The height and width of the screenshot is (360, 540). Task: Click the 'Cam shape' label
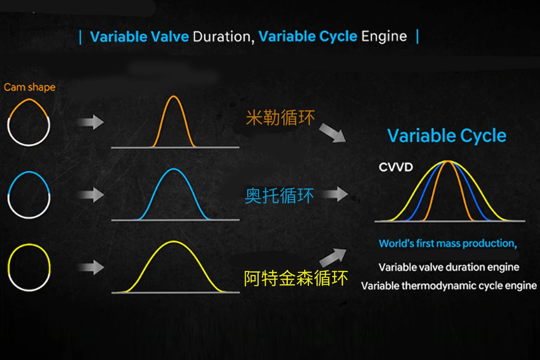pyautogui.click(x=29, y=87)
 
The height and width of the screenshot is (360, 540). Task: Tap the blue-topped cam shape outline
pyautogui.click(x=29, y=172)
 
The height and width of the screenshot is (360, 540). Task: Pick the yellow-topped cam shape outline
pyautogui.click(x=29, y=244)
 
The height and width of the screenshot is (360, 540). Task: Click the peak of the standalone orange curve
pyautogui.click(x=173, y=96)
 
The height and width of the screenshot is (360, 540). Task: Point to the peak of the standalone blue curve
pyautogui.click(x=174, y=169)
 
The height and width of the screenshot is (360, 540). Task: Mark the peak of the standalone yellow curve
pyautogui.click(x=173, y=242)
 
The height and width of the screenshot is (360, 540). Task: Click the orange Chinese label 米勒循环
pyautogui.click(x=280, y=117)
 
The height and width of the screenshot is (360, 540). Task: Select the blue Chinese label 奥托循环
pyautogui.click(x=279, y=195)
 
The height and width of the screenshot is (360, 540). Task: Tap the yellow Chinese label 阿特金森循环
pyautogui.click(x=296, y=278)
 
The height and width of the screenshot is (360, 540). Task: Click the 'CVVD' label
pyautogui.click(x=395, y=167)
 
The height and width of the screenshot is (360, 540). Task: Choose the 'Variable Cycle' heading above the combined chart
pyautogui.click(x=447, y=135)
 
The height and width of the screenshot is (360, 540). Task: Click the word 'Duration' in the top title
pyautogui.click(x=223, y=36)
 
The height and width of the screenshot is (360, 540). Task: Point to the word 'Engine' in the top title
pyautogui.click(x=384, y=36)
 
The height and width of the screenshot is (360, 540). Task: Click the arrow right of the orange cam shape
pyautogui.click(x=90, y=122)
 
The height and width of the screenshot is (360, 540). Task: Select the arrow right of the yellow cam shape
pyautogui.click(x=90, y=267)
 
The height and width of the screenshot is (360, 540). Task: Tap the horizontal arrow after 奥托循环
pyautogui.click(x=335, y=194)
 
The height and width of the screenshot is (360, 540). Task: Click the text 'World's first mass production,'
pyautogui.click(x=447, y=243)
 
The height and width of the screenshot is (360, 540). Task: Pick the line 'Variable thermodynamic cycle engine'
pyautogui.click(x=448, y=286)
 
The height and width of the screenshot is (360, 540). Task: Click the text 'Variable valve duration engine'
pyautogui.click(x=448, y=267)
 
